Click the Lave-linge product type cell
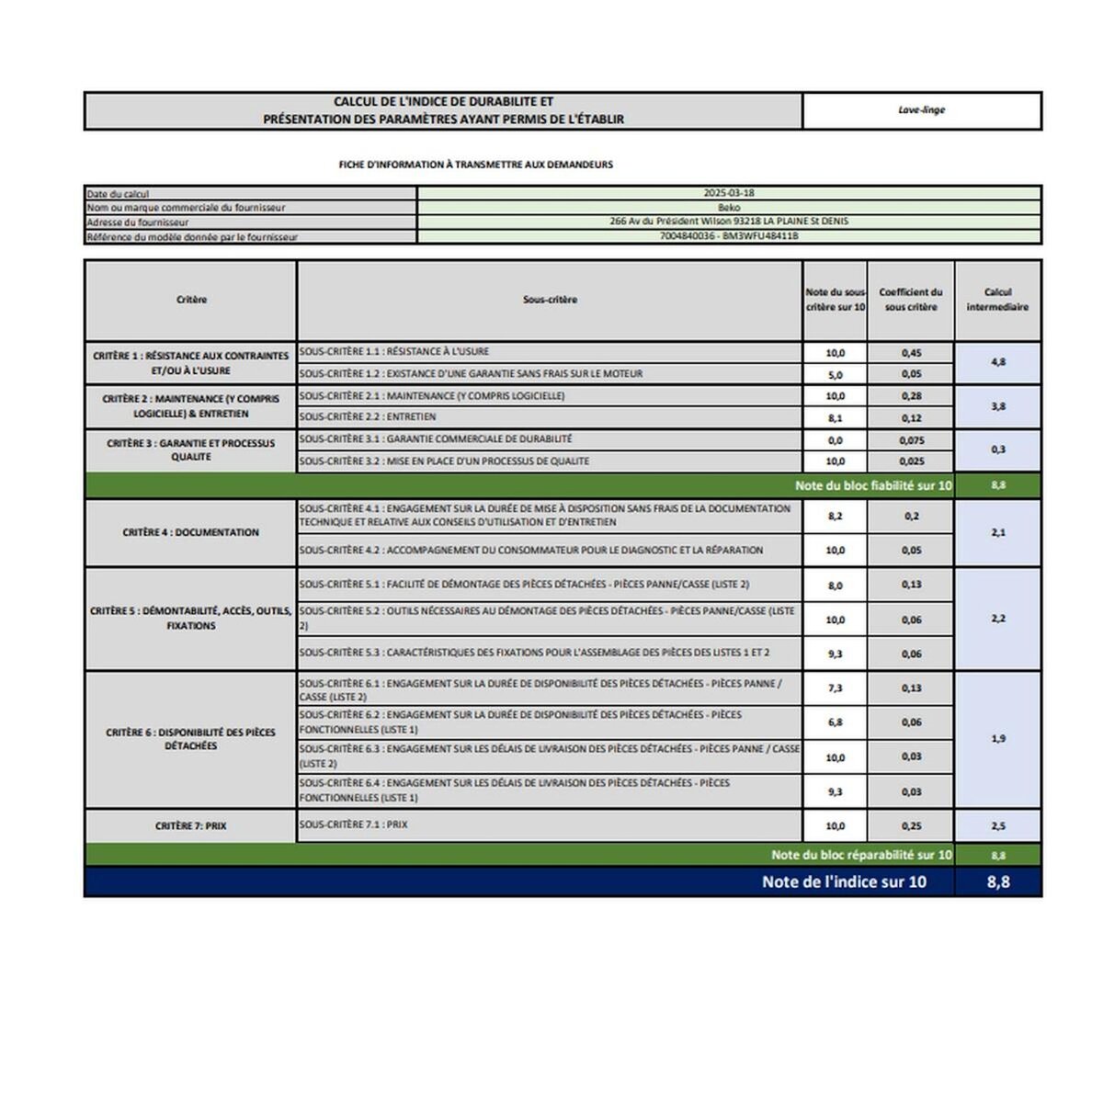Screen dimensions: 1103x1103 (921, 110)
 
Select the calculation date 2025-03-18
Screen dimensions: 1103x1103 (728, 193)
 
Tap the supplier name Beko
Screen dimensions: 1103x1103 (728, 208)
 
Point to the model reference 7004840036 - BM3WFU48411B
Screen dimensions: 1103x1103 (728, 236)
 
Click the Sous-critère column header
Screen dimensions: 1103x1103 (550, 300)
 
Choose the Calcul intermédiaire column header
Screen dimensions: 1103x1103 (997, 300)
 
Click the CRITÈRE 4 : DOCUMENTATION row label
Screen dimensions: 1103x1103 (190, 532)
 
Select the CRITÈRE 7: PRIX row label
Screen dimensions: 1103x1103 (190, 826)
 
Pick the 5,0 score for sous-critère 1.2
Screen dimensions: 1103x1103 (835, 374)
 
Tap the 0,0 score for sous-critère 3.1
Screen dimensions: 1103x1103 (835, 440)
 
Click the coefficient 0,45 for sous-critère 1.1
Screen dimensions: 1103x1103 (911, 353)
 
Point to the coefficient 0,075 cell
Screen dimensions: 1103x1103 (911, 440)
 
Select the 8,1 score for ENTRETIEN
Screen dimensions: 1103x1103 (835, 418)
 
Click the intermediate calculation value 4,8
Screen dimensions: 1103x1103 (998, 362)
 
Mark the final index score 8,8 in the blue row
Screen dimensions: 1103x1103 (998, 882)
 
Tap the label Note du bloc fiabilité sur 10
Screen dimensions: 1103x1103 (873, 485)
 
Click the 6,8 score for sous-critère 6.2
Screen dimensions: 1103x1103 (835, 722)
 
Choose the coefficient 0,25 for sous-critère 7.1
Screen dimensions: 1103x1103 (911, 826)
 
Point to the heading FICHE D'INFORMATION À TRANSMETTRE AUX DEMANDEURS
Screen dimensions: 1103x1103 (475, 165)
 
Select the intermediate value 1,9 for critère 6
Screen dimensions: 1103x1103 (998, 739)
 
